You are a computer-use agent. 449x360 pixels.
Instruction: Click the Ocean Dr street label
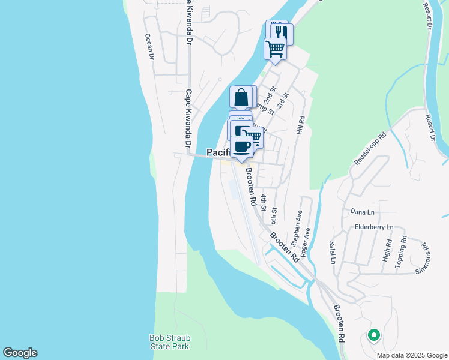tap(150, 47)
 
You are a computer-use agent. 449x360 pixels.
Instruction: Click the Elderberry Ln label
tap(374, 227)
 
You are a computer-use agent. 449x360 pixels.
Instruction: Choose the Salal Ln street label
tap(332, 253)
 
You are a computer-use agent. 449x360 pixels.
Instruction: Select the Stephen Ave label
tap(297, 227)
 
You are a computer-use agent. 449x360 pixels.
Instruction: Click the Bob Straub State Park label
tap(169, 343)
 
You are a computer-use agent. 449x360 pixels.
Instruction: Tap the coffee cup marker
tap(241, 146)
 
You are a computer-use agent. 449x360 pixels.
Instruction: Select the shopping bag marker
tap(241, 97)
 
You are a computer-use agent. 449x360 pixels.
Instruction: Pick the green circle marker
tap(373, 335)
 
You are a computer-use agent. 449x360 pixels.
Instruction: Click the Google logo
tap(20, 353)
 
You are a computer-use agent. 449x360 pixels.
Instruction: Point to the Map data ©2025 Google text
tap(412, 355)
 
